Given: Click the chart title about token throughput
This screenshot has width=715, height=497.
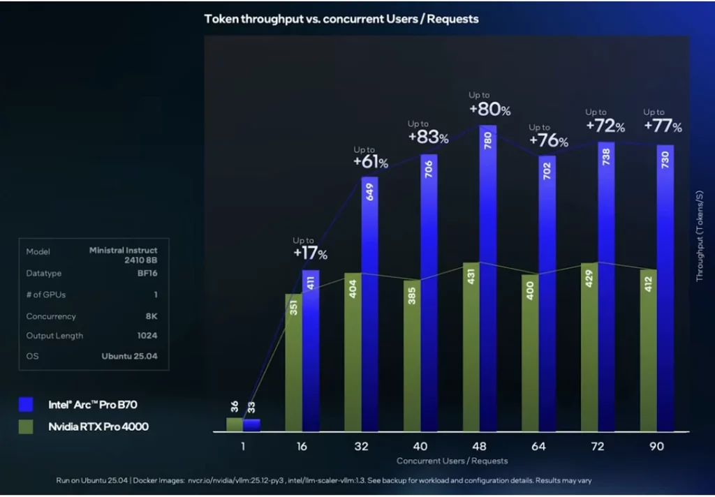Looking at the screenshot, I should click(341, 19).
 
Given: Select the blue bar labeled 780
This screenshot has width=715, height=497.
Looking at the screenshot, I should click(488, 279).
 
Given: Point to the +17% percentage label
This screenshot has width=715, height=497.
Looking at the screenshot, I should click(310, 253).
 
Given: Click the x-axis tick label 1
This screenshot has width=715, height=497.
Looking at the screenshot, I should click(243, 446).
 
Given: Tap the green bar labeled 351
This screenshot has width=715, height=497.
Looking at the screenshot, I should click(293, 362).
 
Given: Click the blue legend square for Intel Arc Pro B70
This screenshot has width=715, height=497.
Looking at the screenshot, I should click(27, 404).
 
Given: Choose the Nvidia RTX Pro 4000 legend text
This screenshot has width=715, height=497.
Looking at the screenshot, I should click(98, 426).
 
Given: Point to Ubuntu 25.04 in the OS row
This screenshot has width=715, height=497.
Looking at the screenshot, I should click(129, 355).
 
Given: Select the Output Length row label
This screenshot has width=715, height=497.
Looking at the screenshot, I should click(54, 336).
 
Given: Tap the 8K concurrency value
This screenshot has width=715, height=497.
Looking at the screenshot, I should click(151, 316).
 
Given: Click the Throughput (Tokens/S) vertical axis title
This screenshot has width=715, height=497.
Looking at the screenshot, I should click(700, 236).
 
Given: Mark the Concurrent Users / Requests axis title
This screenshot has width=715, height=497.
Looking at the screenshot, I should click(452, 461).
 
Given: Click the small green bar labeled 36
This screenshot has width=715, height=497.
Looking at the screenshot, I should click(235, 424).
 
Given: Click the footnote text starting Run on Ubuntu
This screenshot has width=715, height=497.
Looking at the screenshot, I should click(325, 481).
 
